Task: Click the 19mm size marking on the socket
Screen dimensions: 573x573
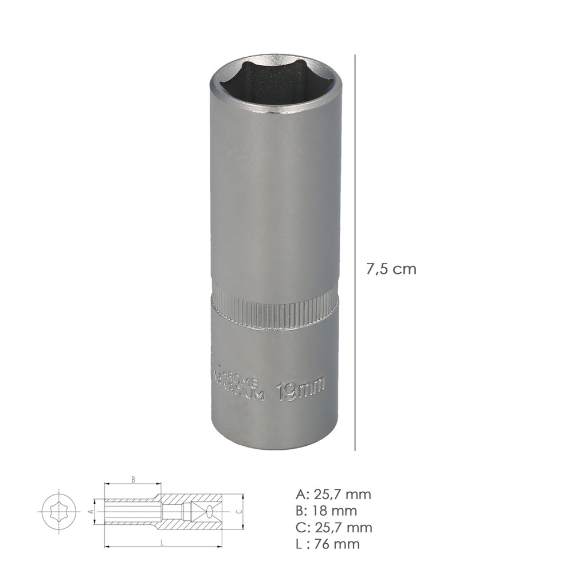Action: click(x=300, y=390)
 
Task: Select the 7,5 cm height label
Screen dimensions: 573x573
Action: click(x=391, y=269)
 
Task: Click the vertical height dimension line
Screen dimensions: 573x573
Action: click(x=355, y=252)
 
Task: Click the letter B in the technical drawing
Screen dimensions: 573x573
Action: click(x=133, y=480)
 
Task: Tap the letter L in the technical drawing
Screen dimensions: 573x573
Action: click(x=163, y=541)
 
